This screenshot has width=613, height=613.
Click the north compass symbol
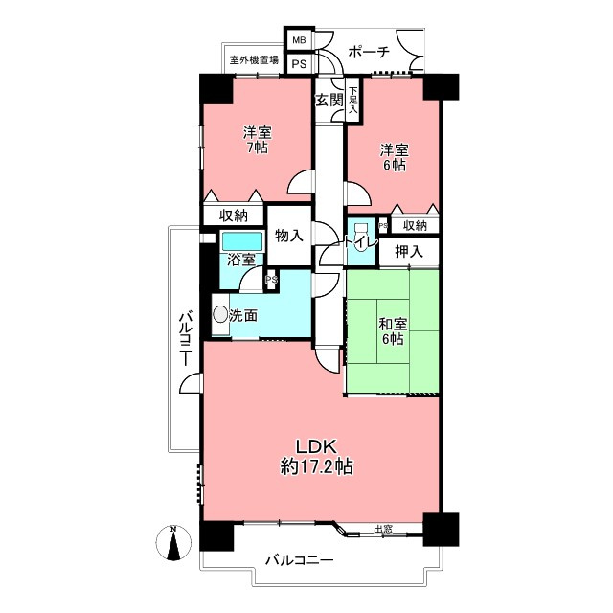point(173,543)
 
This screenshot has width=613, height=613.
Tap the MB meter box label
point(300,40)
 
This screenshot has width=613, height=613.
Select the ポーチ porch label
point(369,51)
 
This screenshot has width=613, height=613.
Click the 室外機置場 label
point(254,60)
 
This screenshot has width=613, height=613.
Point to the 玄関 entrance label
point(329,101)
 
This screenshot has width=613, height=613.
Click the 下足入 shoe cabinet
point(353,100)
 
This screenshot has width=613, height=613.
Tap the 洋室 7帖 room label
point(257,140)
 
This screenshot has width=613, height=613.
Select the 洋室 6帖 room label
point(394,157)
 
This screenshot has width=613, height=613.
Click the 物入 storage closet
point(289,236)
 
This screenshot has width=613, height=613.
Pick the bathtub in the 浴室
point(242,241)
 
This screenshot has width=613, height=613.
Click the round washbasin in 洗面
point(220,314)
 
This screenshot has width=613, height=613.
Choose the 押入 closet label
point(409,251)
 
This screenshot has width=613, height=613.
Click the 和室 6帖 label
point(393,331)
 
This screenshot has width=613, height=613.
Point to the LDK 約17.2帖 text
point(317,457)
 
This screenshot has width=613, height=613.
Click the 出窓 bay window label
point(383,530)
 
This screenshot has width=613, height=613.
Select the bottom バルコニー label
point(300,560)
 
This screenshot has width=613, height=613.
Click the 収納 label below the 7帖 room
point(234,216)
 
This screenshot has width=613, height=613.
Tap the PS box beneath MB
point(300,64)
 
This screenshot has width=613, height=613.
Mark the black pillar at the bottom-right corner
point(441,529)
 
